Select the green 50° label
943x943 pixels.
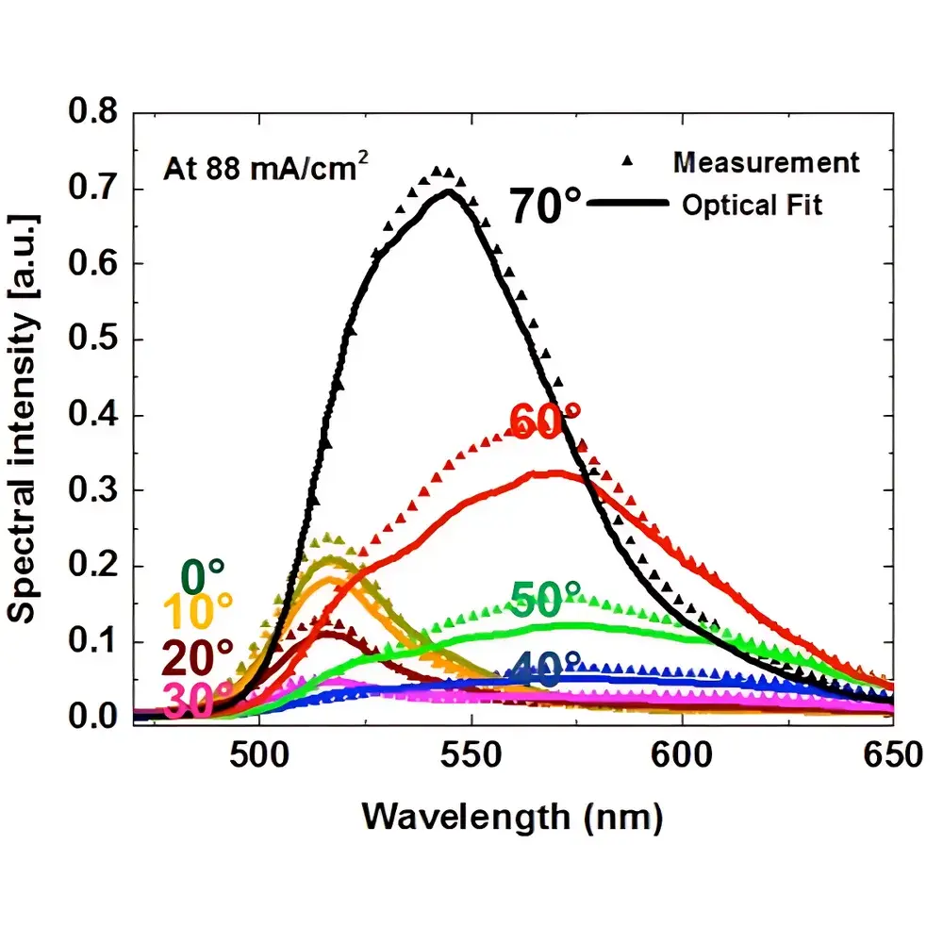[x=547, y=598]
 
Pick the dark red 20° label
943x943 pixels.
[x=197, y=654]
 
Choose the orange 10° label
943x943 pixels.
[x=197, y=613]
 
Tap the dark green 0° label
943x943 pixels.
[x=202, y=572]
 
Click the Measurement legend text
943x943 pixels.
[x=766, y=162]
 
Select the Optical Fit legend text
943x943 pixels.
[x=752, y=205]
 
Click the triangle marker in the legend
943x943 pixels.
[x=628, y=163]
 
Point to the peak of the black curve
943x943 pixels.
[x=448, y=191]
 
